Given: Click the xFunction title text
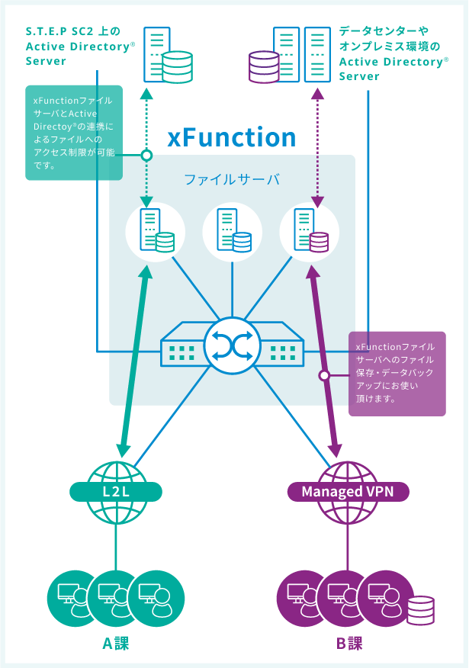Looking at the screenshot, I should coord(231,137).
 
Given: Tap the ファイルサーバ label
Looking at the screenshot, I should coord(232,181).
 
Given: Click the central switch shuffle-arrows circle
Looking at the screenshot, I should coord(232,347).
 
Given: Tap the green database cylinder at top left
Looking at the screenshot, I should coord(178,66).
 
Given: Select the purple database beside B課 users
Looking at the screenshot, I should coord(419,610).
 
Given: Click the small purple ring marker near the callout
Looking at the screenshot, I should coord(324,375).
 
